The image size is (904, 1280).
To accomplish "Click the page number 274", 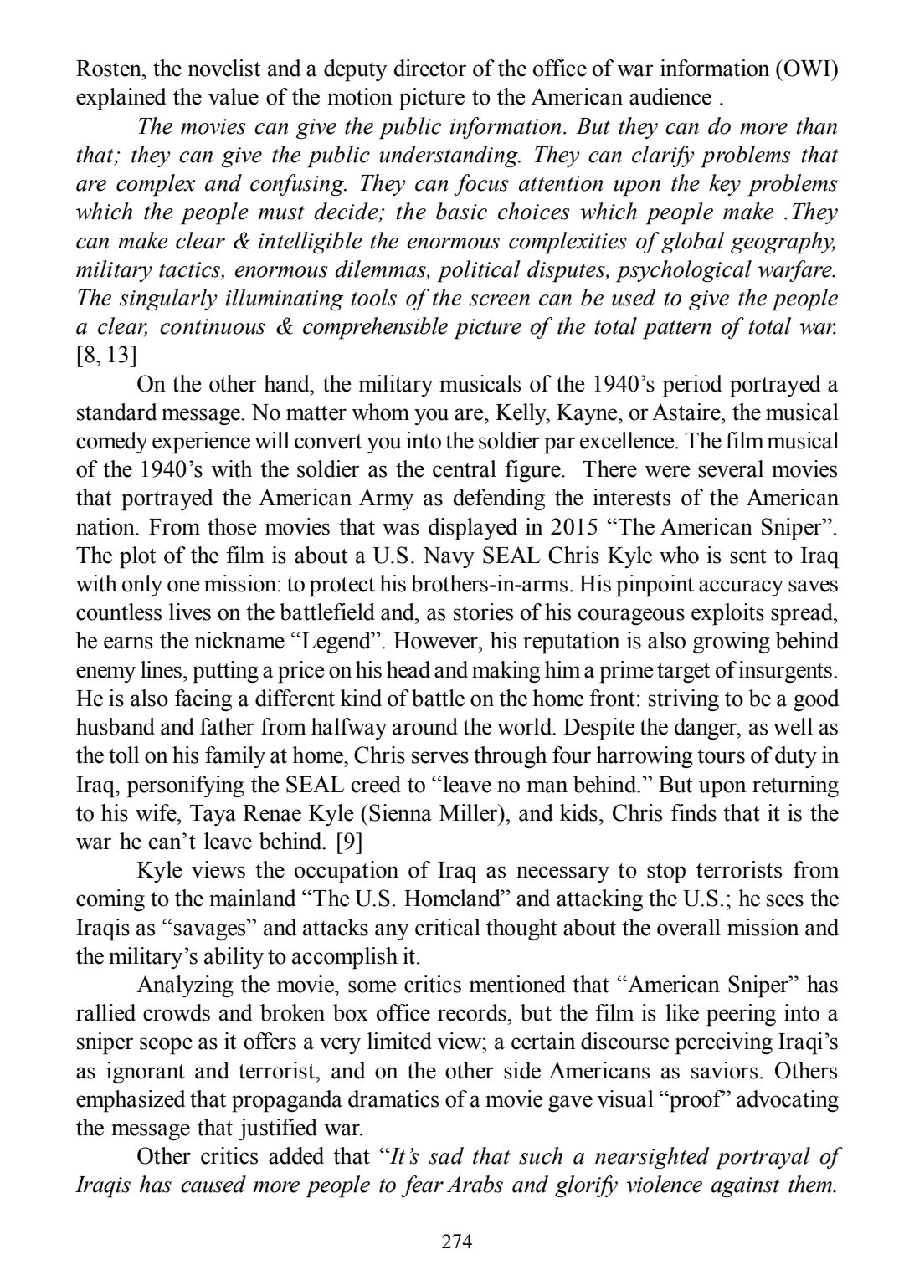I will coord(457,1241).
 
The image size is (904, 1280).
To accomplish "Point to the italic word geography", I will coord(786,242).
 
